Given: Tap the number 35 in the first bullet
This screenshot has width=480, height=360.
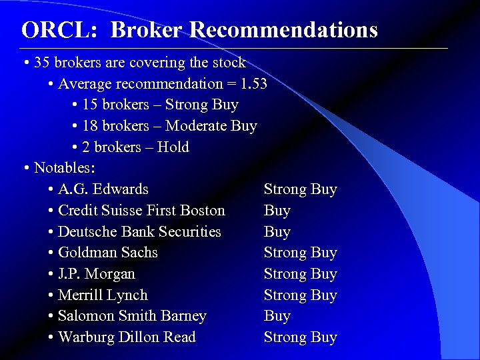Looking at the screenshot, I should click(x=42, y=63).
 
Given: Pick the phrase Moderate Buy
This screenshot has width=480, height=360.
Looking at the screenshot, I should click(x=211, y=126).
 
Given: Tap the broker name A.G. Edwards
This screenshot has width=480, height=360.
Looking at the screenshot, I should click(x=103, y=189).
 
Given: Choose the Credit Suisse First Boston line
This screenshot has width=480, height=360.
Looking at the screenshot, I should click(x=141, y=211).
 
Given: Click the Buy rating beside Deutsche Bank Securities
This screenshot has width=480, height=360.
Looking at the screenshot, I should click(x=277, y=232).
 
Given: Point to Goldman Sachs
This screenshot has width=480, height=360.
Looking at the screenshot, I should click(x=108, y=253).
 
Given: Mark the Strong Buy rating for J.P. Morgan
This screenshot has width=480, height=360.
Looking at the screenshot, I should click(x=300, y=274).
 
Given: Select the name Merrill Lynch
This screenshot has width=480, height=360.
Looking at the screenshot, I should click(x=103, y=295).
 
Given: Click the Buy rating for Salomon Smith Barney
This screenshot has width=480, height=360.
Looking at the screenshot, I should click(x=277, y=316).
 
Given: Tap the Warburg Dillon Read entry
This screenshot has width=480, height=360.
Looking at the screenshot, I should click(x=127, y=337).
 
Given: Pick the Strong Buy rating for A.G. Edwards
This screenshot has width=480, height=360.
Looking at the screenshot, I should click(x=300, y=189).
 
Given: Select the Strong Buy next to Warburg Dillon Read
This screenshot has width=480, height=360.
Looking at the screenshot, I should click(x=300, y=337).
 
